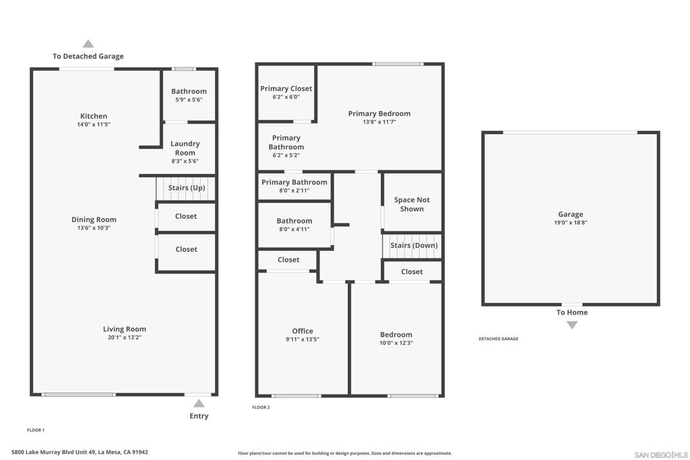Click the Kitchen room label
(x=94, y=117)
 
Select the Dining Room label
(x=94, y=220)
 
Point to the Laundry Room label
(x=185, y=148)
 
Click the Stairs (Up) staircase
(x=186, y=188)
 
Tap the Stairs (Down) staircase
(x=413, y=246)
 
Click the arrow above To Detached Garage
(x=88, y=44)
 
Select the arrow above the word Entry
(x=199, y=403)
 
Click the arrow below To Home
(x=572, y=325)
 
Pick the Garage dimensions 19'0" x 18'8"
(x=570, y=223)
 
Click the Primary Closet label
(x=286, y=89)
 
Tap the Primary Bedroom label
(x=379, y=114)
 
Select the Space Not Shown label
(x=412, y=204)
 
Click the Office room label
(x=303, y=331)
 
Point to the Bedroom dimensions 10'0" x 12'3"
(x=396, y=343)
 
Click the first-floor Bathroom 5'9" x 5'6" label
(x=189, y=92)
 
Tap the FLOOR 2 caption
(x=261, y=407)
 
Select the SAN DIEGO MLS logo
(x=660, y=455)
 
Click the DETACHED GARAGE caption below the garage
(x=498, y=339)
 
